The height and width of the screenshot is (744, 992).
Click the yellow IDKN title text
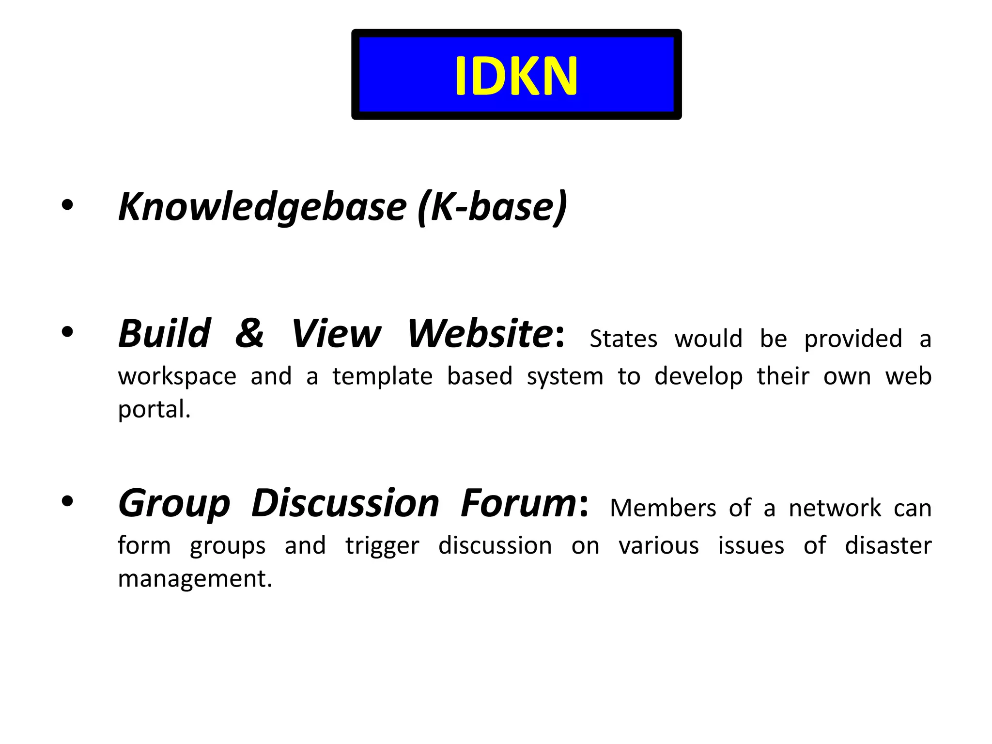click(516, 76)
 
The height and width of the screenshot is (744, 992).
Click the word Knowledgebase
click(262, 207)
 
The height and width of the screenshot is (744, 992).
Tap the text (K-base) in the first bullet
click(492, 207)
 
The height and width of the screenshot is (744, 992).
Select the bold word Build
click(165, 334)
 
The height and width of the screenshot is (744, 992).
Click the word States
click(623, 339)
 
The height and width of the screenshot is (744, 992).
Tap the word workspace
click(177, 376)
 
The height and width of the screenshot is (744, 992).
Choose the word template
click(383, 376)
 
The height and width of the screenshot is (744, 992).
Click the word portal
click(154, 410)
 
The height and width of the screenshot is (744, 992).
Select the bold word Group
click(174, 504)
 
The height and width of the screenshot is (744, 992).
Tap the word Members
click(663, 508)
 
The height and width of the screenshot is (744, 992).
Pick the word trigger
click(382, 546)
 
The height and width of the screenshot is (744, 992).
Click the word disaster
click(888, 545)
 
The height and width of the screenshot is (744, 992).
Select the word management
click(195, 579)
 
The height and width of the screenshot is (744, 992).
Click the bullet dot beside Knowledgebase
click(67, 205)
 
